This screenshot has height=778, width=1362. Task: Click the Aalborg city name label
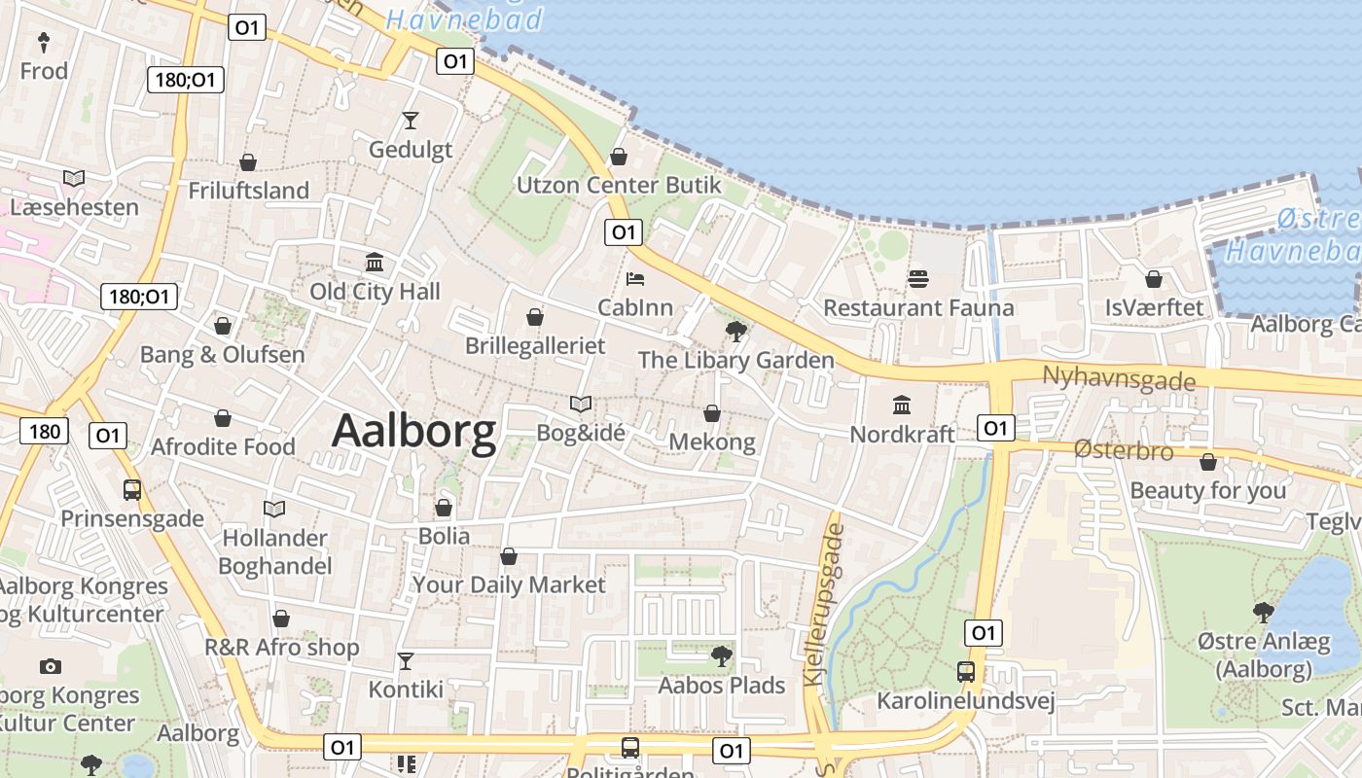[x=413, y=432]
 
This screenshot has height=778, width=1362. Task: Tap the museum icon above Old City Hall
[x=375, y=263]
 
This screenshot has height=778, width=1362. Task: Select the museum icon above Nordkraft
[x=902, y=405]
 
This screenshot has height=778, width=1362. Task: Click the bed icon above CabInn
[x=635, y=280]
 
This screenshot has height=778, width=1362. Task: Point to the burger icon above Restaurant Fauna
[x=918, y=280]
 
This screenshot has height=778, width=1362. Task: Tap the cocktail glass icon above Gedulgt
[x=410, y=121]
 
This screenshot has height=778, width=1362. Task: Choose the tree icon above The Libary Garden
[x=735, y=332]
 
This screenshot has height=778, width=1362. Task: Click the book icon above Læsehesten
[x=74, y=179]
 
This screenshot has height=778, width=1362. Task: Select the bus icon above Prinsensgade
[x=132, y=490]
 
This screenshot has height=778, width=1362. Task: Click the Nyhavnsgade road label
[x=1118, y=378]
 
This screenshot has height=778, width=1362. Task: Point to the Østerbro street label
[x=1124, y=450]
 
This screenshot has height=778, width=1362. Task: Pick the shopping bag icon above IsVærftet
[x=1154, y=280]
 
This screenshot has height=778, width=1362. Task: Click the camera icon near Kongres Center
[x=51, y=667]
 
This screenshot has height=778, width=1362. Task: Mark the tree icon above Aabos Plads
[x=721, y=656]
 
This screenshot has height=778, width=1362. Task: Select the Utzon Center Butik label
[x=619, y=185]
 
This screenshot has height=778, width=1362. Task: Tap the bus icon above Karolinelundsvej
[x=966, y=672]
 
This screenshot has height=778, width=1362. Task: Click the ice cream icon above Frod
[x=44, y=42]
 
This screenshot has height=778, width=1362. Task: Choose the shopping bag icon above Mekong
[x=712, y=414]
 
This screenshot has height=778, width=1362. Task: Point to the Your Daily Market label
[x=509, y=584]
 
